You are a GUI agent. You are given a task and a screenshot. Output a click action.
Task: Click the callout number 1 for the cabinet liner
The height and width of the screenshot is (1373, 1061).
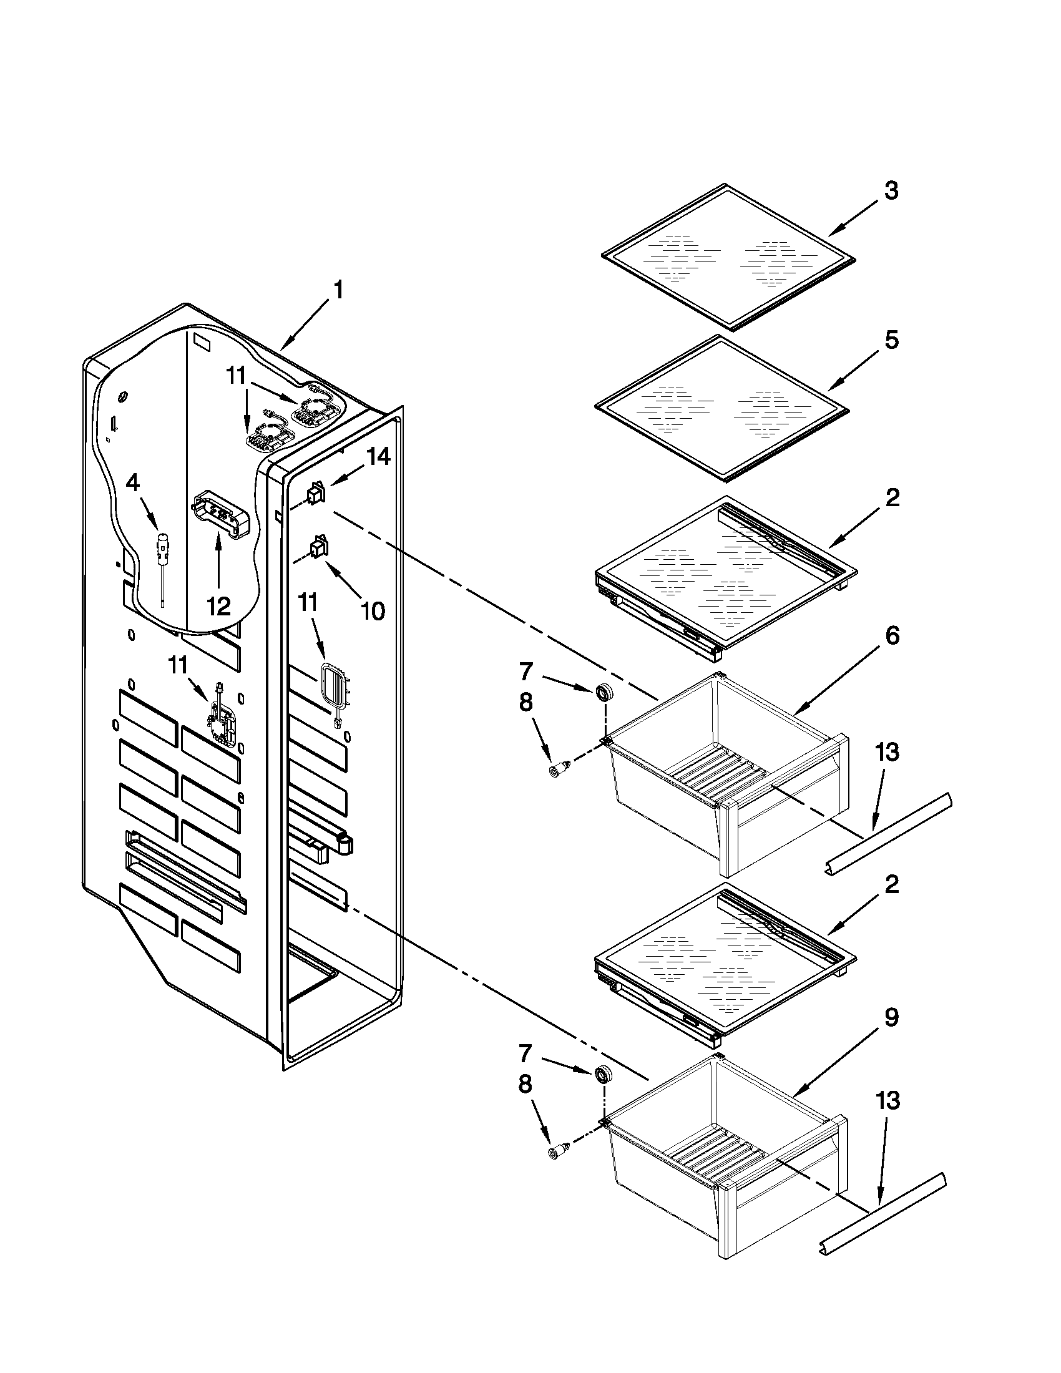pyautogui.click(x=338, y=290)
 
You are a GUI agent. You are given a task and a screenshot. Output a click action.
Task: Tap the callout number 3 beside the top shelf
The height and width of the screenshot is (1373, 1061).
pyautogui.click(x=891, y=190)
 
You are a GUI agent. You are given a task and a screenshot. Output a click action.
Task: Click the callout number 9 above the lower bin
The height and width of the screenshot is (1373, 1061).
pyautogui.click(x=891, y=1017)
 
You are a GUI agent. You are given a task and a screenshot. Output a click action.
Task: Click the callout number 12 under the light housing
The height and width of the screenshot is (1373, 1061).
pyautogui.click(x=218, y=606)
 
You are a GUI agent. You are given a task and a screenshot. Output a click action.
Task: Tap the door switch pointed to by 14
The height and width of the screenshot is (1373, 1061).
pyautogui.click(x=316, y=493)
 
